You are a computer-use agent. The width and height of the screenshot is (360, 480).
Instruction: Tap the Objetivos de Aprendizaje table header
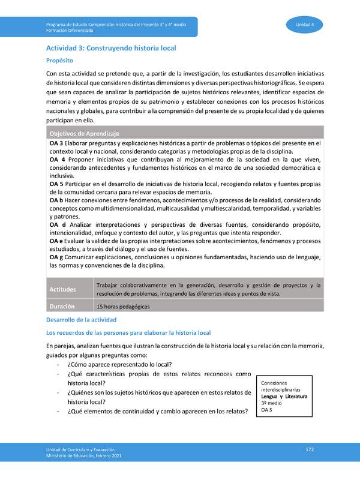pos(85,133)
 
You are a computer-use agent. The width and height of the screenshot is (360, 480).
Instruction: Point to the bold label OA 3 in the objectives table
pos(57,143)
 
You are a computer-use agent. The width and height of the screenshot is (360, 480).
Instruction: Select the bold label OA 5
pos(57,183)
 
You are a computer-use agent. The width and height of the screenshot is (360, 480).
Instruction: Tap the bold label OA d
pos(58,224)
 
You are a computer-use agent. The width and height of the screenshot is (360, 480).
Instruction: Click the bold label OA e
pos(57,241)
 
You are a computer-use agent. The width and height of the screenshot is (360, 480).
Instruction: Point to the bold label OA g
pos(57,257)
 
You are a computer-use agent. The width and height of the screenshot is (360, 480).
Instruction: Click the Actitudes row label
pos(63,290)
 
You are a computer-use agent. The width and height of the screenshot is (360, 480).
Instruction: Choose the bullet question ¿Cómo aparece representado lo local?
pos(120,364)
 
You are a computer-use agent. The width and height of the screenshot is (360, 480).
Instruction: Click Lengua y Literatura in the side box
pos(284,397)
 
